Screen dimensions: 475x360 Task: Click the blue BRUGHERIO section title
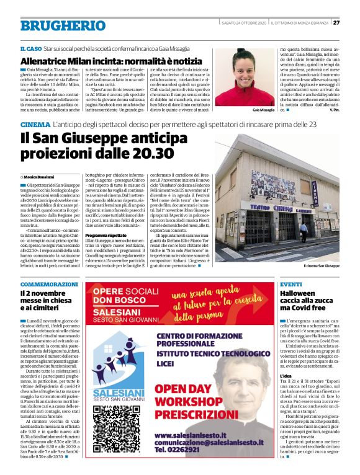pos(55,26)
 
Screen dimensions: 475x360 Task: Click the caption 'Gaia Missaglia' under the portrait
pos(246,110)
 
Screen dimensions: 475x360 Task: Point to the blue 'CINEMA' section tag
pos(34,125)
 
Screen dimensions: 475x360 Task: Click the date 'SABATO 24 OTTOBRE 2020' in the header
pos(243,23)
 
